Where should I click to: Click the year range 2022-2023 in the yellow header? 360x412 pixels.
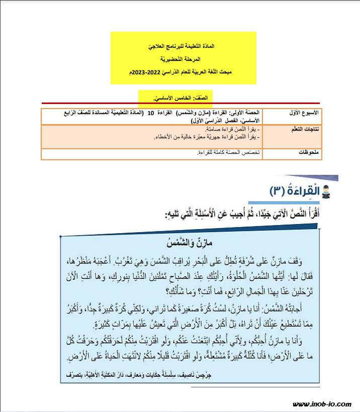[x=146, y=73]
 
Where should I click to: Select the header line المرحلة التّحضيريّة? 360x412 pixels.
[x=183, y=59]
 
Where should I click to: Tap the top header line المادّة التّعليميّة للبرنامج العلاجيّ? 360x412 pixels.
[x=183, y=46]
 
